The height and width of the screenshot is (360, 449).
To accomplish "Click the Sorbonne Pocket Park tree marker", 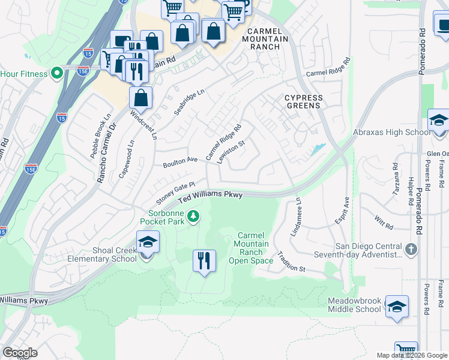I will (193, 216).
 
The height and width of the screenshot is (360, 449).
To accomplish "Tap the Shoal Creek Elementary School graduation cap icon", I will (147, 244).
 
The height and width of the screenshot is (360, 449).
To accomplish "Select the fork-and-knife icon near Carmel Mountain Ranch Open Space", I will (204, 261).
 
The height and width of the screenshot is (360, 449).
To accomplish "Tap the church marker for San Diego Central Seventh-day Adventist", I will (410, 249).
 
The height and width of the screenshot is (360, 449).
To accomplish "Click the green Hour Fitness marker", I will (57, 74).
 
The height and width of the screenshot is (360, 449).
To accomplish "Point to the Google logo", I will (20, 353).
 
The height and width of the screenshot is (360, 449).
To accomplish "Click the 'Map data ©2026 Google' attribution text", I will (411, 355).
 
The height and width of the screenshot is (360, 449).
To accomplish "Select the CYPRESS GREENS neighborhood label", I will (303, 102).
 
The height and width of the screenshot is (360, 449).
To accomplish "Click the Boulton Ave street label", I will (180, 163).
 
